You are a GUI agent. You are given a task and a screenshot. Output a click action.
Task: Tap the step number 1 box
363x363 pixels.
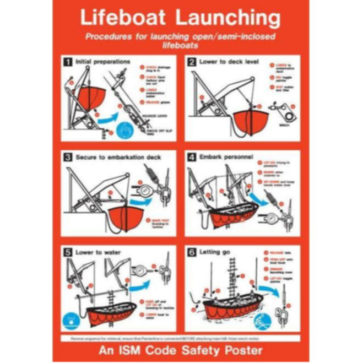[x=68, y=62]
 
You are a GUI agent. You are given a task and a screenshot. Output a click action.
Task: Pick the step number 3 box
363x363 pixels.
[x=68, y=157]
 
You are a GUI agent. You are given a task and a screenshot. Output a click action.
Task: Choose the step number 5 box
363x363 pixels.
[x=68, y=252]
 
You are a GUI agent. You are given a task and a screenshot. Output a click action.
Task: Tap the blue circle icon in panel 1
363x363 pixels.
[x=126, y=131]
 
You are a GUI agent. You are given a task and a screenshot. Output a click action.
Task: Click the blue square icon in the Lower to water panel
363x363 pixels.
[x=71, y=319]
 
